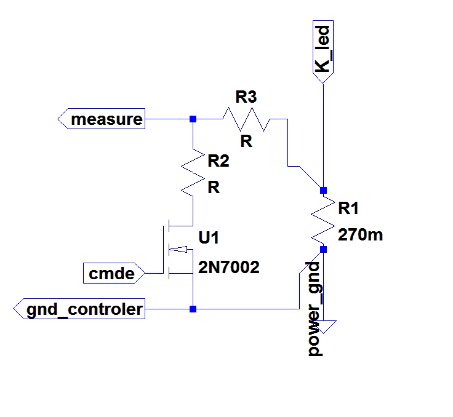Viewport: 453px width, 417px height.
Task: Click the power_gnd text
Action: (x=315, y=309)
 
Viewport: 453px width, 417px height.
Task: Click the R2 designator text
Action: (x=218, y=161)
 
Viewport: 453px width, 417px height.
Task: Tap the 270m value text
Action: (x=361, y=234)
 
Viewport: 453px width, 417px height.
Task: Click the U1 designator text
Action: (x=209, y=238)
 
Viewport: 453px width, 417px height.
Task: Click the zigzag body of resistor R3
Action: (x=246, y=119)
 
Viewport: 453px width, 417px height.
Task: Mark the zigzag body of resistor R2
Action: (x=193, y=172)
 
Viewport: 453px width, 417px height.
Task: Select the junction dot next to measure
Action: (x=193, y=119)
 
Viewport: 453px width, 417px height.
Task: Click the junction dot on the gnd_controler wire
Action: (x=193, y=309)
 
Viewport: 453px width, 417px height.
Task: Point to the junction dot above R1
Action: (x=324, y=190)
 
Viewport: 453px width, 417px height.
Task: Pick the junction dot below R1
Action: (x=324, y=249)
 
